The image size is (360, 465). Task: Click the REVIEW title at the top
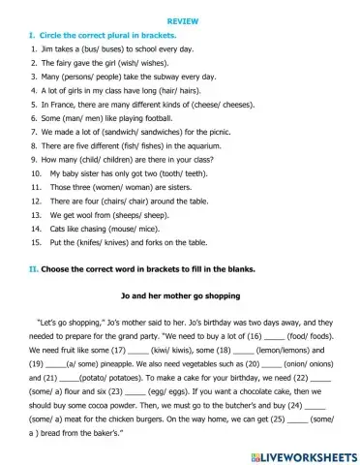(180, 19)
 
